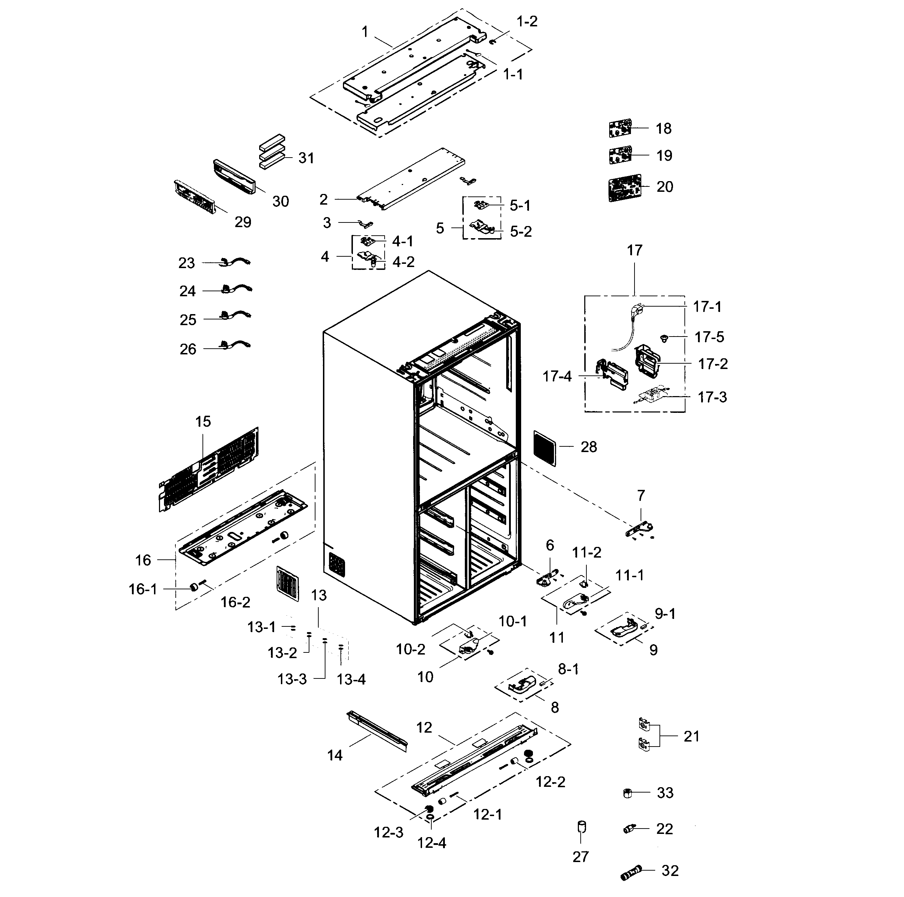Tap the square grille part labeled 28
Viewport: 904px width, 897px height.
pyautogui.click(x=545, y=448)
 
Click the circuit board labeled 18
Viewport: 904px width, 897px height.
pyautogui.click(x=621, y=128)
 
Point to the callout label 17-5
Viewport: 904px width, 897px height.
pyautogui.click(x=709, y=337)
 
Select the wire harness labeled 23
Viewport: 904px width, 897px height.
pyautogui.click(x=235, y=262)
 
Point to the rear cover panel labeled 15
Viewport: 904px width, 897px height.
pyautogui.click(x=209, y=470)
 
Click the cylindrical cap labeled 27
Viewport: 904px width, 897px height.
pyautogui.click(x=581, y=827)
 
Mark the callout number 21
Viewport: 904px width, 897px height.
pyautogui.click(x=691, y=737)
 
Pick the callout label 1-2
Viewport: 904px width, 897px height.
pyautogui.click(x=527, y=21)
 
